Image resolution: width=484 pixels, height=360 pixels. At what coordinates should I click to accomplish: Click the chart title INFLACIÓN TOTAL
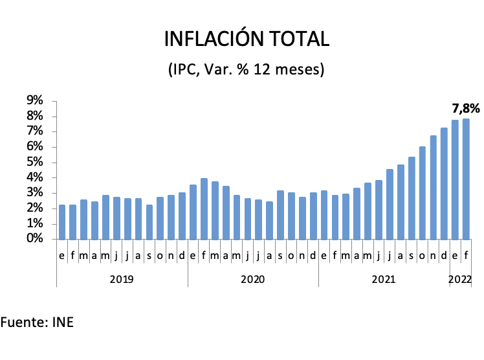(247, 39)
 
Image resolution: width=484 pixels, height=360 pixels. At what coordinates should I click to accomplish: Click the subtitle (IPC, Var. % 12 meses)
(246, 69)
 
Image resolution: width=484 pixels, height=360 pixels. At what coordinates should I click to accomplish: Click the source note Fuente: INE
(37, 322)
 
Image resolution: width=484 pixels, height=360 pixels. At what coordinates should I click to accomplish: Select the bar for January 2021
(324, 214)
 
